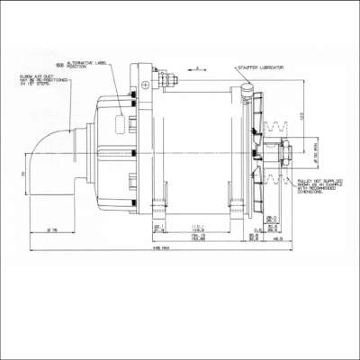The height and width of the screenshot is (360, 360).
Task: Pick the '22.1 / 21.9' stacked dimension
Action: [159, 229]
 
